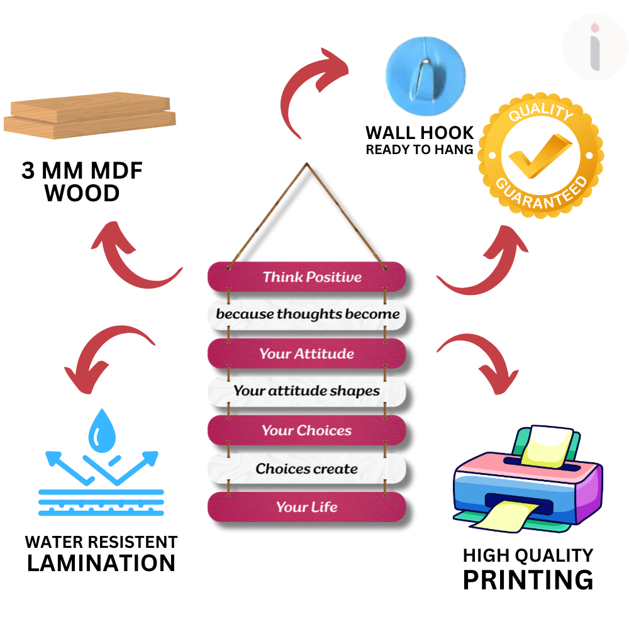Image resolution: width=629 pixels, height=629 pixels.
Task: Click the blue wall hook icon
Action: pos(425,75)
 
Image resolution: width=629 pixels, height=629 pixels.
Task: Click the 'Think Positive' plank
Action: pos(307,277)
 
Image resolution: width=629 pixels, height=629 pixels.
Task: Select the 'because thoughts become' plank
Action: pos(307,314)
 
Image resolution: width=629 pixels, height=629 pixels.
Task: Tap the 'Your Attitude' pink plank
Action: pos(307,353)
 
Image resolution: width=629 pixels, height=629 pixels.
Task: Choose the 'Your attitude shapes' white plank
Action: pos(307,391)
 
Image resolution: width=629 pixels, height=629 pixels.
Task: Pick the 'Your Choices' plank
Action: pos(307,431)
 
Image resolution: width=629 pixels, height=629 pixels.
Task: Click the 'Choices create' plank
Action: pos(307,469)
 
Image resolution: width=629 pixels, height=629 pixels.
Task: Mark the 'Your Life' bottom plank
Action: pos(307,507)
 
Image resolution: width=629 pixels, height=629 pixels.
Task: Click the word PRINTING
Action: pos(528,579)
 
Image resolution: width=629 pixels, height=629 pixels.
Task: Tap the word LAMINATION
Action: pos(101,563)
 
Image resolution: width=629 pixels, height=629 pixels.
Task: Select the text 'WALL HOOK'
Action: pos(420,133)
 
